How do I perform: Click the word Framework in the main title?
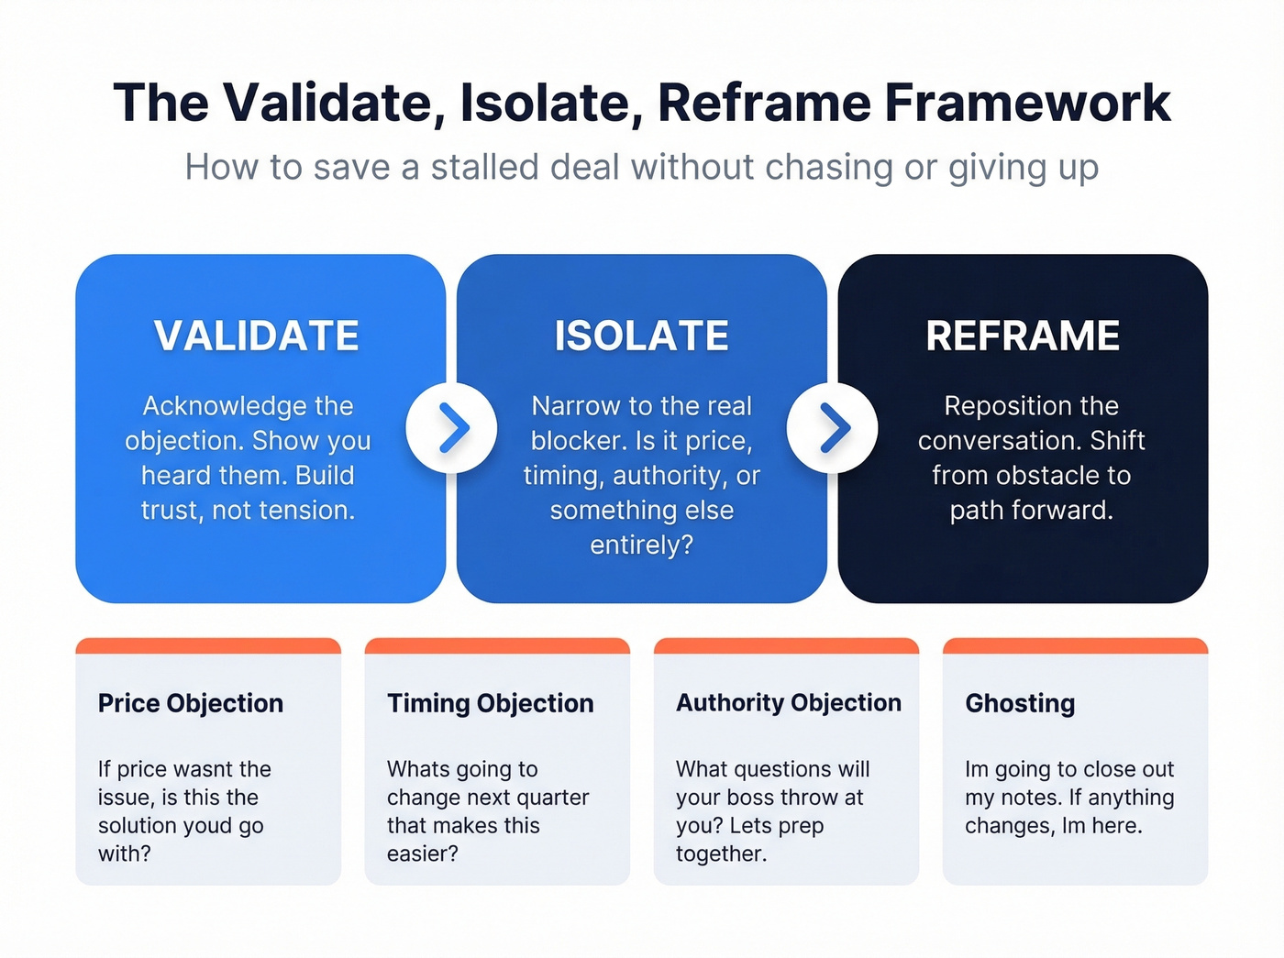1027,103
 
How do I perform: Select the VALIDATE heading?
257,336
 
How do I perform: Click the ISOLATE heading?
641,336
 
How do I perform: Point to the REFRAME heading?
1023,336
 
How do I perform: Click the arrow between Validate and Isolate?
452,428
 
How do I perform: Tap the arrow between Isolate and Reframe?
833,428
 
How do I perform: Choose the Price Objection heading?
191,703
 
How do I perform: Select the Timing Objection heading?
491,703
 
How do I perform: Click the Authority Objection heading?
789,703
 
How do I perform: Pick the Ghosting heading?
1020,703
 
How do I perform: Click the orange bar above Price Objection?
208,645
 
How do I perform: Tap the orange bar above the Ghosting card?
1075,645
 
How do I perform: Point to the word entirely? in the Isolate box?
641,545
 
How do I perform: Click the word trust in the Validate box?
172,511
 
